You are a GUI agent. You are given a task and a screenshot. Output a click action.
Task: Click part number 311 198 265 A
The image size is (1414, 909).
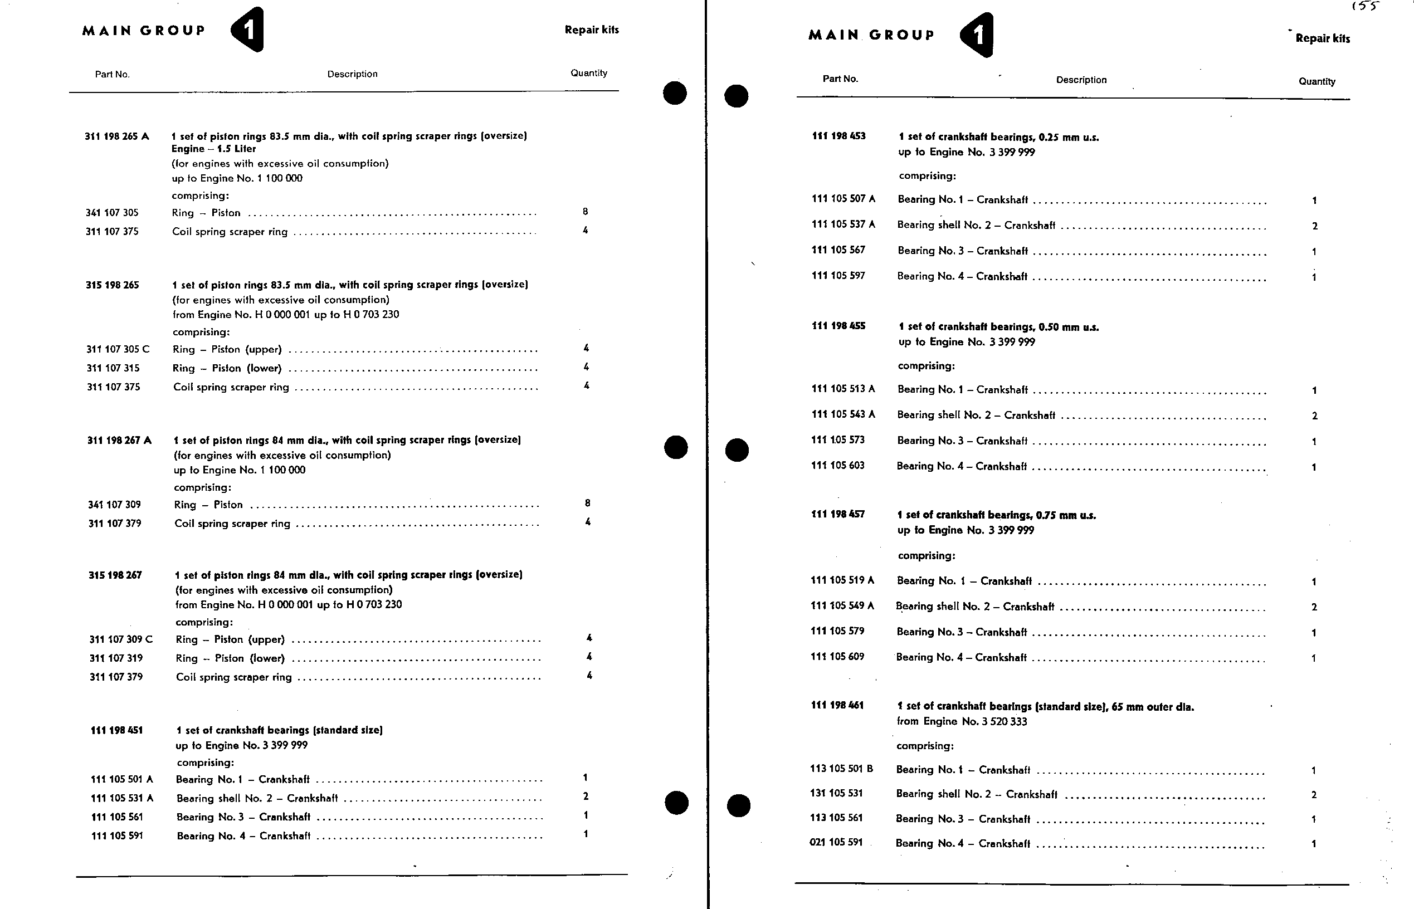click(x=117, y=136)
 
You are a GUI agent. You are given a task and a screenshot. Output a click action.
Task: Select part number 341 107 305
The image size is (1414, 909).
click(x=112, y=213)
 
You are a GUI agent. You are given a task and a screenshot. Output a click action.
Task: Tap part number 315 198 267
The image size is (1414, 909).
click(x=115, y=575)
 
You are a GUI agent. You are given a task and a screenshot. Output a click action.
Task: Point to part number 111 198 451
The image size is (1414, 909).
click(x=116, y=730)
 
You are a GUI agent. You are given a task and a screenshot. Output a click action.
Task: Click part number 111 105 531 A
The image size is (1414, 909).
click(x=121, y=798)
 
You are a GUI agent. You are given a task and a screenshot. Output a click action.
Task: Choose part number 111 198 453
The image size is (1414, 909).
click(x=838, y=136)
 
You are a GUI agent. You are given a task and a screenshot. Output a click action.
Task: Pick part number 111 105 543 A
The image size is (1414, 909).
click(x=843, y=414)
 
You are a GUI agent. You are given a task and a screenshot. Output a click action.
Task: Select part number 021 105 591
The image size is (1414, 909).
click(x=836, y=842)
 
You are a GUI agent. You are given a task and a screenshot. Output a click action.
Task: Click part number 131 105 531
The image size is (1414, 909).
click(x=836, y=793)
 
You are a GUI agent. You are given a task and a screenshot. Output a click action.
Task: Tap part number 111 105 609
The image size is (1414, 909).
click(x=837, y=656)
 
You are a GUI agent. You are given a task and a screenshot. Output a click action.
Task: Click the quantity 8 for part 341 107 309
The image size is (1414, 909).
click(x=587, y=503)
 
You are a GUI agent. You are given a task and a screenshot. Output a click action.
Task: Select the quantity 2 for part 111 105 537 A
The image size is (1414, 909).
click(x=1315, y=226)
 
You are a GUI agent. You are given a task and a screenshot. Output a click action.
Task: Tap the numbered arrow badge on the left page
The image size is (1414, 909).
click(x=247, y=30)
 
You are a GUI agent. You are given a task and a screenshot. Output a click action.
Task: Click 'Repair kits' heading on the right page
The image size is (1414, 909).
click(x=1323, y=38)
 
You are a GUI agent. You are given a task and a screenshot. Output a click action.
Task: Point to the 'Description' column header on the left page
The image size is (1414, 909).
click(x=353, y=74)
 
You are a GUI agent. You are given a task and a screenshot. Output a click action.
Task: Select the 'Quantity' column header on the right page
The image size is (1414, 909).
click(x=1317, y=81)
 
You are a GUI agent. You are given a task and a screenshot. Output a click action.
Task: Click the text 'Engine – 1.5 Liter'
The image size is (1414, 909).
click(x=214, y=149)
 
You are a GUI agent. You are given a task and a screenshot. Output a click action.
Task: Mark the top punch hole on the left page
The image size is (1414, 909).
click(x=675, y=92)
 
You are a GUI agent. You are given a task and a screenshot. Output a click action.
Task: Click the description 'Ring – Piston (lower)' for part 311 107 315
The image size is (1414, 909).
click(x=227, y=368)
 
